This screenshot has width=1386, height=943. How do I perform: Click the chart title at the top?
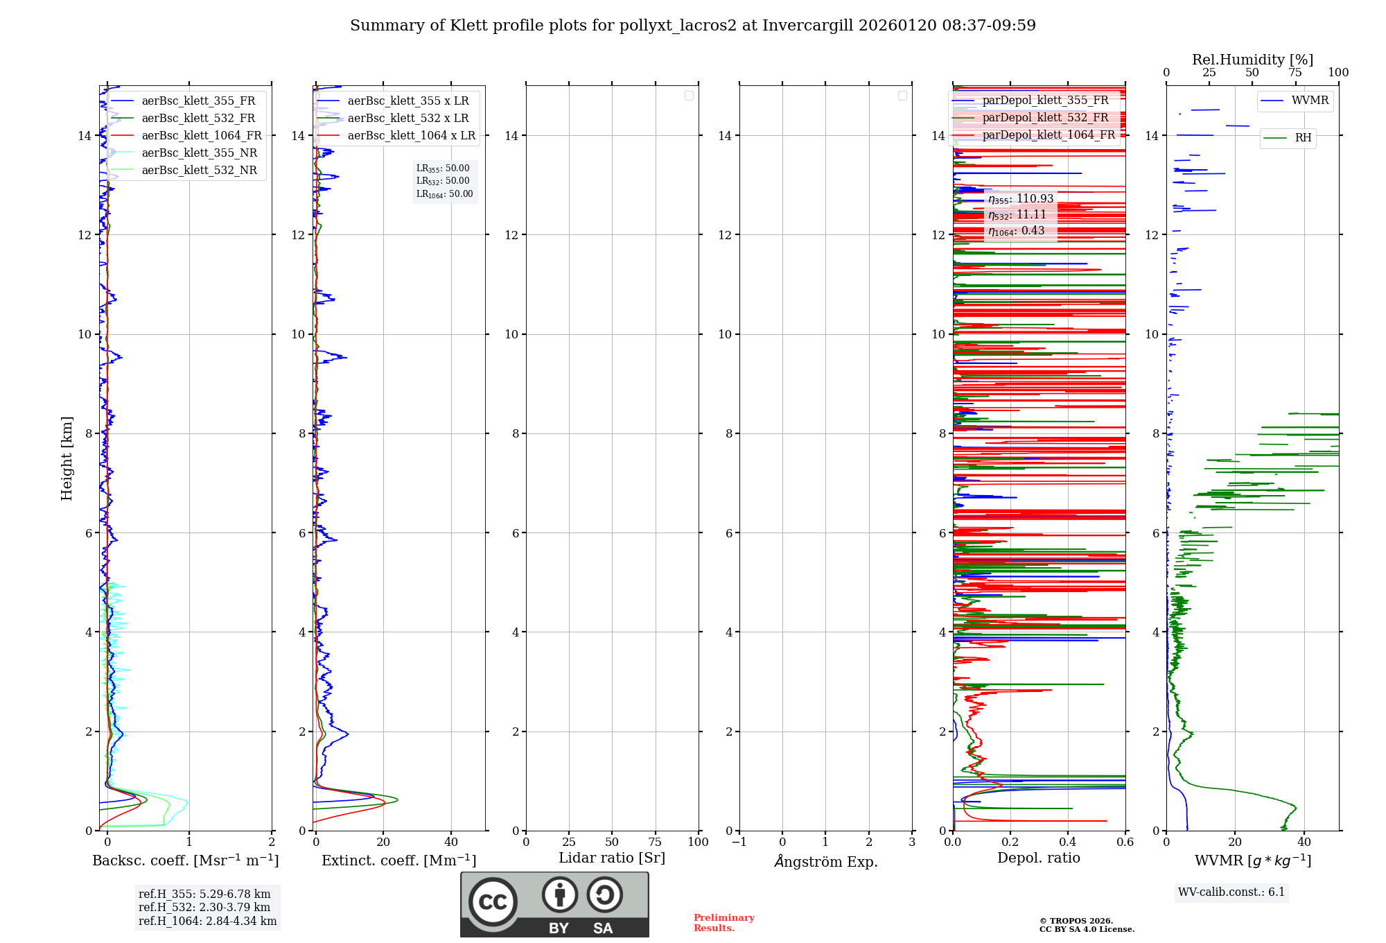tap(692, 26)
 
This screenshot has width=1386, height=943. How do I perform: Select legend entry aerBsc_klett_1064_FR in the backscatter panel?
tap(201, 136)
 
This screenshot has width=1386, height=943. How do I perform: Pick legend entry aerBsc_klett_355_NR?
tap(199, 153)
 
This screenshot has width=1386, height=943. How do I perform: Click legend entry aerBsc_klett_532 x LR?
tap(407, 119)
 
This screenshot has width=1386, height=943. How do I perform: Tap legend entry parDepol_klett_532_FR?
tap(1045, 118)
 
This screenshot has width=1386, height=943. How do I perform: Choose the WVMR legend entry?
tap(1309, 101)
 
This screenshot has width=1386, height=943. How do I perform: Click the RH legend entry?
tap(1302, 138)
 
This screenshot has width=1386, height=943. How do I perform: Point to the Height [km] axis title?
tap(67, 458)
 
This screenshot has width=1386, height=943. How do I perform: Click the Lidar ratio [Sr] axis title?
tap(612, 858)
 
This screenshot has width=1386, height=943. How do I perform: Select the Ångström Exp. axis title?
tap(825, 862)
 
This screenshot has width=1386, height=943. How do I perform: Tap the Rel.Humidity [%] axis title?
tap(1252, 60)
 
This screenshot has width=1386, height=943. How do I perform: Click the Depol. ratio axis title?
tap(1038, 858)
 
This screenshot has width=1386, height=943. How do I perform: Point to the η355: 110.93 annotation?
tap(1021, 199)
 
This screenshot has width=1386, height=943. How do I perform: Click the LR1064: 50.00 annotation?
tap(444, 194)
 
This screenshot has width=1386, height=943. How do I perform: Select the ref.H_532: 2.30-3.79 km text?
tap(204, 908)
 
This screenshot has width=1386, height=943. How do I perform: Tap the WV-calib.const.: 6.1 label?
tap(1231, 892)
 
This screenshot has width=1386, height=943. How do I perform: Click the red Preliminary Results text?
tap(723, 923)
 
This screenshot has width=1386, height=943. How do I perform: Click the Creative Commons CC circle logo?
tap(493, 901)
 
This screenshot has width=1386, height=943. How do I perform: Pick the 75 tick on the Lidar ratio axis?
tap(655, 842)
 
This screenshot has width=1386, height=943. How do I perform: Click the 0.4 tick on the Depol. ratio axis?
tap(1068, 842)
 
